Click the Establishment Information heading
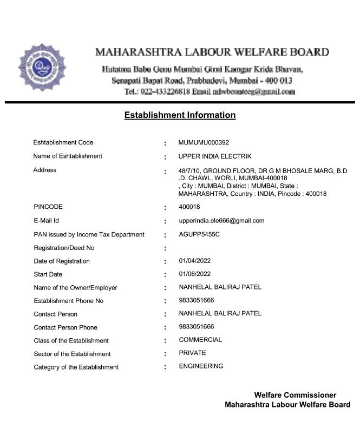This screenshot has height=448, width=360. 180,115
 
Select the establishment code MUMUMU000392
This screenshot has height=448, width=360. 204,143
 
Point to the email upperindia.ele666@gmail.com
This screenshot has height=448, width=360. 221,221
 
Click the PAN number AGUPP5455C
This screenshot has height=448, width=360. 199,235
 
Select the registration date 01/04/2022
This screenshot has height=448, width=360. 195,261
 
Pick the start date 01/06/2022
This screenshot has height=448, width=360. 195,274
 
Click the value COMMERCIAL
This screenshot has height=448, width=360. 200,340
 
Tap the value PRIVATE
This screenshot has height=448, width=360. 192,353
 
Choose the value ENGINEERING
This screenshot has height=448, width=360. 201,366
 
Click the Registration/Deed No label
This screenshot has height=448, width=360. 64,248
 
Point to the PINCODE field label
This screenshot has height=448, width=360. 48,207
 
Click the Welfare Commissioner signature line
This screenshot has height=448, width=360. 295,396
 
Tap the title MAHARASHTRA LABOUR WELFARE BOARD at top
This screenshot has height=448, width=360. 212,52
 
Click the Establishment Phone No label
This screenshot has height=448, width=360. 68,301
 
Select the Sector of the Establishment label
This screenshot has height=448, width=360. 72,354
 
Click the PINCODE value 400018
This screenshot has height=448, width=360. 189,207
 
